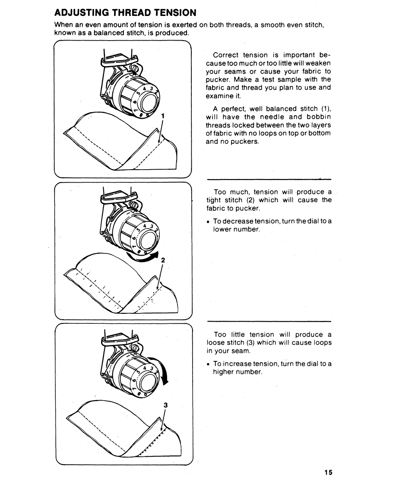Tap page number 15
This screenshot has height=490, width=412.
tap(328, 472)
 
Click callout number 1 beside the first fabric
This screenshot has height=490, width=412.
tap(162, 115)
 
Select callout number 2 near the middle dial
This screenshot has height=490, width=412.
tap(163, 260)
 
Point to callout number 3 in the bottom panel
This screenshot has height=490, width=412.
tap(165, 405)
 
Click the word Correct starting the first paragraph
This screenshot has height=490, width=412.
tap(226, 55)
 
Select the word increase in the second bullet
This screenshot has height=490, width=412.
tap(236, 364)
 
